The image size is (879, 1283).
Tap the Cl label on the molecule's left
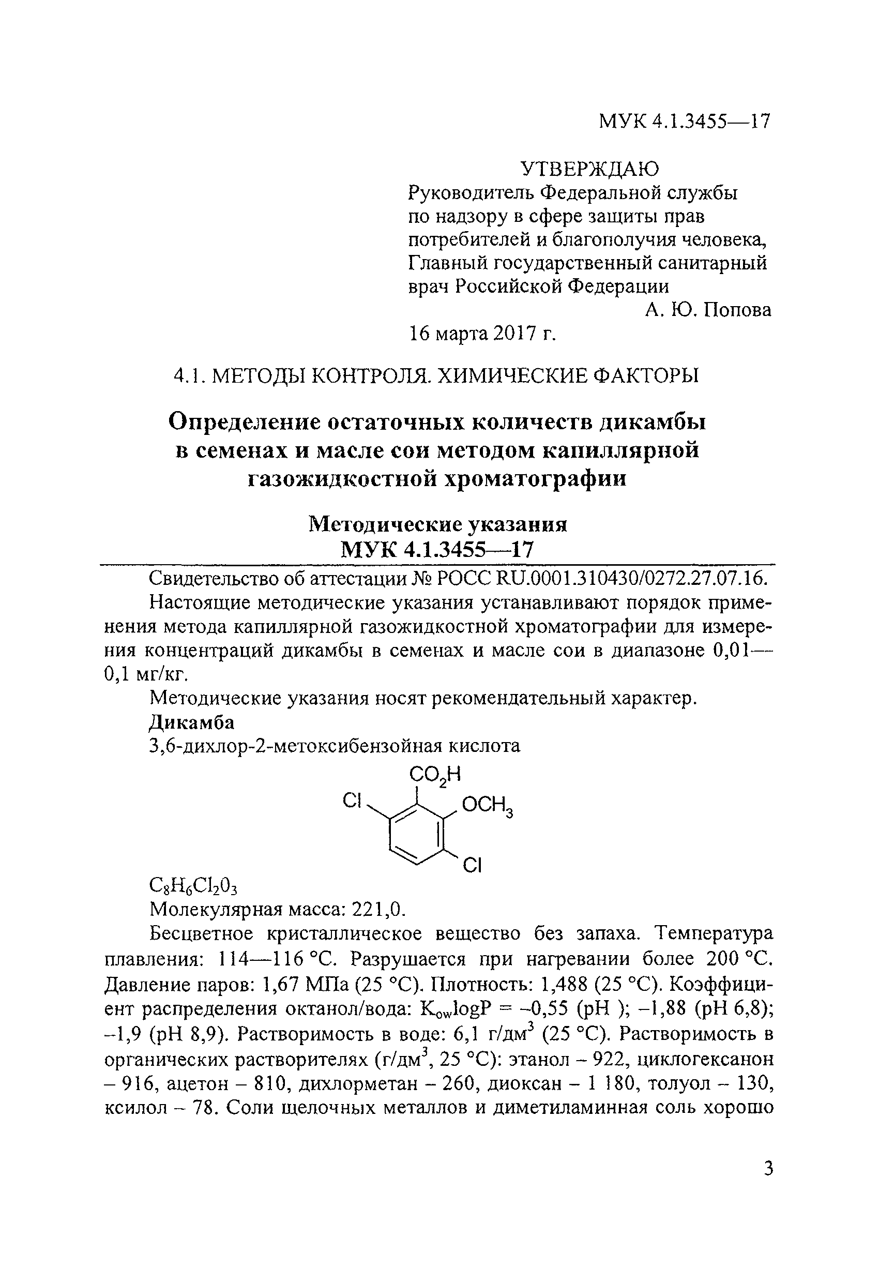pyautogui.click(x=352, y=800)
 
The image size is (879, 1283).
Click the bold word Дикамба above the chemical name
pyautogui.click(x=192, y=722)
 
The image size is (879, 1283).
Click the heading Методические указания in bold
pyautogui.click(x=438, y=524)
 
